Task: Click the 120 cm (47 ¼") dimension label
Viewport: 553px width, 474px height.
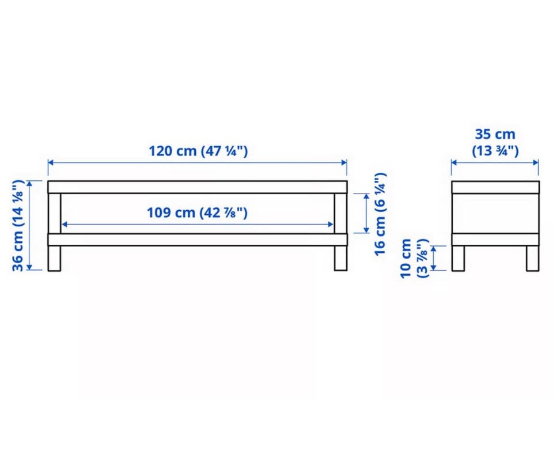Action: (198, 151)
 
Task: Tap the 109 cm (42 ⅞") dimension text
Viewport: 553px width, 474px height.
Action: (197, 213)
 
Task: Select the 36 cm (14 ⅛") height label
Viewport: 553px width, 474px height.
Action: (18, 226)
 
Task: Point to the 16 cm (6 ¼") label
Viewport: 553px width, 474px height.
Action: (380, 214)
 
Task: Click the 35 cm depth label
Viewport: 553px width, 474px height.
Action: (495, 142)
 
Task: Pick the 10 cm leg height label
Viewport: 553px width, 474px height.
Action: (414, 258)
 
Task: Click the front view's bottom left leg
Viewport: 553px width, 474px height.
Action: (54, 258)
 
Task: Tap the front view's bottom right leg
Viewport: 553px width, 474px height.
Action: (340, 258)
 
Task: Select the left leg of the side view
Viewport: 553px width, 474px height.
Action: (458, 258)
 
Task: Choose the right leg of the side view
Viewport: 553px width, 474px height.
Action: (532, 258)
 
